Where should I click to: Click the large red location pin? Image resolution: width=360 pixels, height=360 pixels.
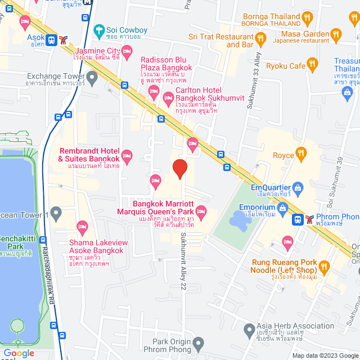click(x=179, y=169)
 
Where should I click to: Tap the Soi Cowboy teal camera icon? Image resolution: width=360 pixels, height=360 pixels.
click(x=99, y=29)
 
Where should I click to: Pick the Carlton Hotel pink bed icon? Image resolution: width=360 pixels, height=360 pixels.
click(x=168, y=99)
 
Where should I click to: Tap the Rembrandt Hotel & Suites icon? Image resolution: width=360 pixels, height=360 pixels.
click(x=127, y=155)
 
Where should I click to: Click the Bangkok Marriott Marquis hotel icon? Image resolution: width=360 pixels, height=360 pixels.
click(x=202, y=211)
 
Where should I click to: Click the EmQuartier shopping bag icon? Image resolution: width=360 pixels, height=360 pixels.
click(x=298, y=187)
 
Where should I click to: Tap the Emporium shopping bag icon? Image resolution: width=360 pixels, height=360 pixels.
click(x=282, y=207)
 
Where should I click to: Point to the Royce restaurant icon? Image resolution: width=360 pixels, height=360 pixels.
click(x=301, y=152)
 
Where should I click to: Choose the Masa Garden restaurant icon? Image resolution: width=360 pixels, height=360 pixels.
click(x=336, y=34)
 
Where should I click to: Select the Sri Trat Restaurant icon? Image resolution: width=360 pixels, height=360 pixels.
click(x=260, y=38)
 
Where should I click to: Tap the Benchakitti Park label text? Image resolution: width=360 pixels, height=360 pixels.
click(x=17, y=242)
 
